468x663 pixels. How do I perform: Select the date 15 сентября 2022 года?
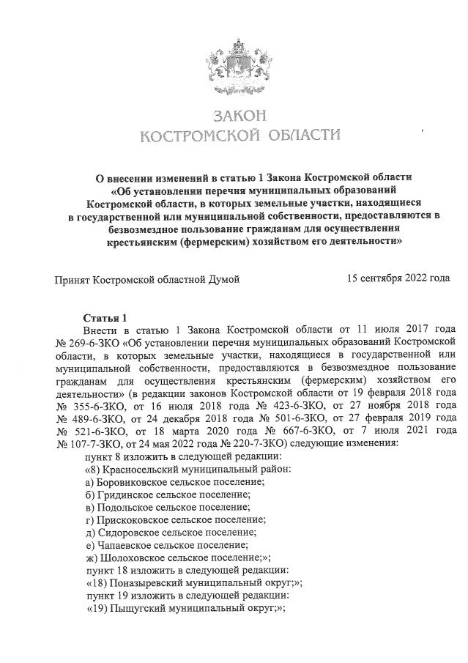tap(398, 278)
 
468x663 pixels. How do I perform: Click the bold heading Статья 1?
tap(105, 317)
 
